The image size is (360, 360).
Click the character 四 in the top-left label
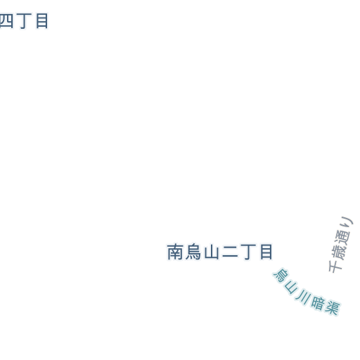pyautogui.click(x=6, y=21)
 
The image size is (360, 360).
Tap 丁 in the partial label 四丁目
pyautogui.click(x=25, y=21)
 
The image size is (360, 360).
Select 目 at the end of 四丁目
pyautogui.click(x=42, y=21)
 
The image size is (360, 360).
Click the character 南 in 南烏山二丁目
pyautogui.click(x=175, y=252)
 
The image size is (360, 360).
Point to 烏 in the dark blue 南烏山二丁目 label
pyautogui.click(x=193, y=252)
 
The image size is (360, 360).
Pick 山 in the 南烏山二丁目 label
pyautogui.click(x=212, y=252)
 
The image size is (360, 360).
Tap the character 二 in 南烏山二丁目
pyautogui.click(x=230, y=252)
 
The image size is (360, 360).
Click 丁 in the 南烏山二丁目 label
pyautogui.click(x=247, y=252)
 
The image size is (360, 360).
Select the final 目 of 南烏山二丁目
pyautogui.click(x=266, y=252)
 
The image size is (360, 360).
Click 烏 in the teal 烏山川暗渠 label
pyautogui.click(x=281, y=276)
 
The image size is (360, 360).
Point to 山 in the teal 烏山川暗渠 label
pyautogui.click(x=291, y=288)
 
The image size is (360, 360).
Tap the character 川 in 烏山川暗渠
pyautogui.click(x=303, y=297)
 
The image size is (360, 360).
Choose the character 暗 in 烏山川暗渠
pyautogui.click(x=318, y=304)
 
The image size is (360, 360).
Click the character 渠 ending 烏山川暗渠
pyautogui.click(x=332, y=307)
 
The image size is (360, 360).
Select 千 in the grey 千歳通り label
pyautogui.click(x=335, y=266)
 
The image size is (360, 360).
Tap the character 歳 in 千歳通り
pyautogui.click(x=339, y=252)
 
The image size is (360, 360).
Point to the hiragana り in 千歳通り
pyautogui.click(x=347, y=223)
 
